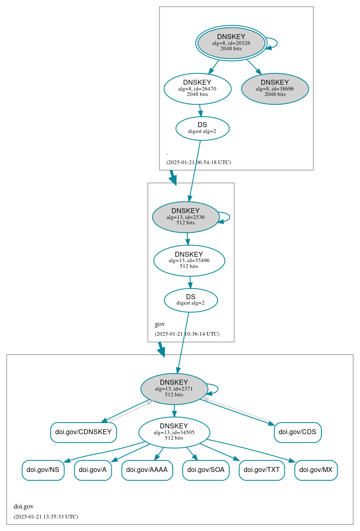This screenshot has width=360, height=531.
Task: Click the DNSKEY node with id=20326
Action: coord(231,43)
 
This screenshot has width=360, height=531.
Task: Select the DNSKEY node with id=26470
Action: coord(197,88)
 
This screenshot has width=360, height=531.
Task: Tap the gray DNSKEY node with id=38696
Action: coord(275,88)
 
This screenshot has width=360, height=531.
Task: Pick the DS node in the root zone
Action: coord(202,128)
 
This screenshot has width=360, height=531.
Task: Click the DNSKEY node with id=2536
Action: coord(186,217)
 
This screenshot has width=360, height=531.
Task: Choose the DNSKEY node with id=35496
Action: coord(189,261)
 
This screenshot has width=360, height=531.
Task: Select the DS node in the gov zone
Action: coord(191,300)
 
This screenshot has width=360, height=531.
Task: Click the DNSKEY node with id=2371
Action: coord(174,388)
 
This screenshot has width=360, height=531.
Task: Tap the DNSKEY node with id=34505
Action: coord(174,432)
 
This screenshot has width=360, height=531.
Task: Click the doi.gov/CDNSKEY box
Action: coord(83,432)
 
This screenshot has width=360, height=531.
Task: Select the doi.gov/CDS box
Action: coord(297,432)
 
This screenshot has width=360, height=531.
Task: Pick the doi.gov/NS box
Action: coord(43,470)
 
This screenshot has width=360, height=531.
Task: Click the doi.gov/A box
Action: coord(93,470)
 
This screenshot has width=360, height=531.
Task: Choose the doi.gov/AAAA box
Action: coord(147,470)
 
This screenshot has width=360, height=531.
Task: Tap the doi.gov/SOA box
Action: coord(206,470)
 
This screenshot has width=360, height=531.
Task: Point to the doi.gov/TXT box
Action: coord(262,470)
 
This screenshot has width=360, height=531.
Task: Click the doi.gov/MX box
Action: coord(316,470)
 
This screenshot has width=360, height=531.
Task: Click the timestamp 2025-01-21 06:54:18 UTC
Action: coord(198,162)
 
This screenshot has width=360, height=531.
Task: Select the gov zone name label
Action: coord(160,324)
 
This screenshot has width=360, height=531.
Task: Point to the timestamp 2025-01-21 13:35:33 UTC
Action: coord(46,517)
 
